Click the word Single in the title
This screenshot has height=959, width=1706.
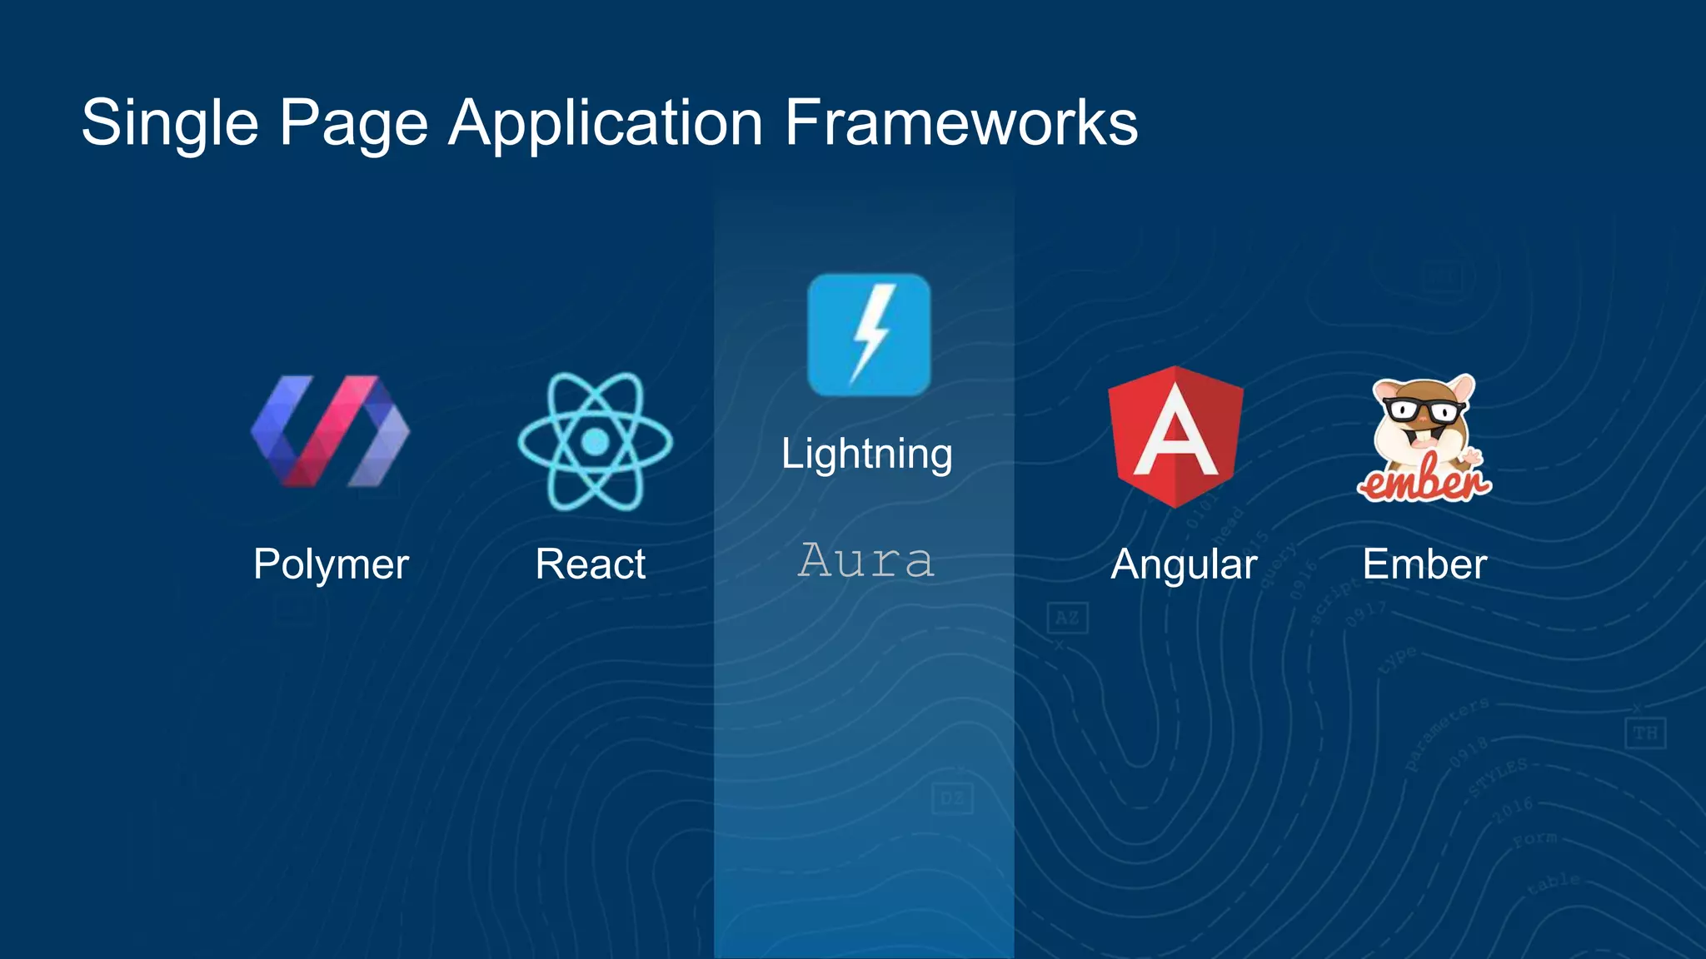click(x=170, y=123)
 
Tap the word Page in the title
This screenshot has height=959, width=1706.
click(x=353, y=123)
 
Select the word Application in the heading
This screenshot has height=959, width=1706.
click(x=606, y=123)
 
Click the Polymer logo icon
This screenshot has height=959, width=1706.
click(x=330, y=430)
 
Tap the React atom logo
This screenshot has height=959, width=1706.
click(x=595, y=441)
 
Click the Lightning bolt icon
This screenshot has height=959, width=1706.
click(x=869, y=335)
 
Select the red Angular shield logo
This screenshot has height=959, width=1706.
click(x=1175, y=435)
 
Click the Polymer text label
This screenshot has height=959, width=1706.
click(x=331, y=564)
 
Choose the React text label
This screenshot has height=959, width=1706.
click(x=590, y=564)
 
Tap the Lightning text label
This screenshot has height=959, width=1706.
click(x=866, y=455)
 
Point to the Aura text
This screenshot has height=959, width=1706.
click(x=865, y=559)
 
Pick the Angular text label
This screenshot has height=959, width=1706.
click(x=1184, y=564)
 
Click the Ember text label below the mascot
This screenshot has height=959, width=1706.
click(x=1424, y=564)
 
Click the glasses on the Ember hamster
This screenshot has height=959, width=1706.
click(x=1424, y=410)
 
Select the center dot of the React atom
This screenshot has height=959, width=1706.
click(x=595, y=441)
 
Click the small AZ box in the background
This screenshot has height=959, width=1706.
click(x=1067, y=618)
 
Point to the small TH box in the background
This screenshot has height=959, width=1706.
click(x=1645, y=733)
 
